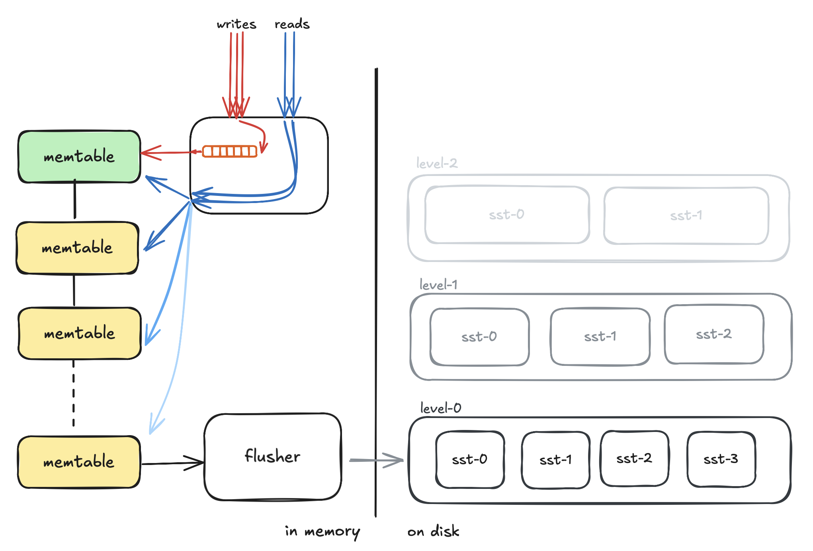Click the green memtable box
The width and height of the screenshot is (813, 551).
click(79, 156)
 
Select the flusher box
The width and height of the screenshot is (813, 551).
click(273, 457)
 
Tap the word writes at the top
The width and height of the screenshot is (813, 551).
click(236, 24)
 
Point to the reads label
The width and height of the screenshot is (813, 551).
click(292, 24)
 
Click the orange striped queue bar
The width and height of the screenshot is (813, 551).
click(230, 151)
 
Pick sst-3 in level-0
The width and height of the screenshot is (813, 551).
click(721, 459)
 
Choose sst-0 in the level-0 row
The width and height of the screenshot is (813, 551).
click(470, 459)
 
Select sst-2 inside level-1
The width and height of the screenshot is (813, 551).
click(714, 334)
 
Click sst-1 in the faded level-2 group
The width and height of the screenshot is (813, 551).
click(686, 215)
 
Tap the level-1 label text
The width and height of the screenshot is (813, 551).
click(438, 285)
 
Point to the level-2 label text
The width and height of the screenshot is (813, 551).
click(437, 163)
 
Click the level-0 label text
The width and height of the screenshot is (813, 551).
click(441, 408)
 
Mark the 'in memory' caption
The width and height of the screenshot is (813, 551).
click(322, 531)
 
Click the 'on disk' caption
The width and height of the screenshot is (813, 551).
click(433, 531)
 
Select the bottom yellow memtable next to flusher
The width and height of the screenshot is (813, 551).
click(79, 462)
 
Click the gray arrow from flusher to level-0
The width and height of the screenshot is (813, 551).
click(376, 460)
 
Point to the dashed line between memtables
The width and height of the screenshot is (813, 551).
click(74, 394)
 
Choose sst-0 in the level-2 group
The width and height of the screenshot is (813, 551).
click(507, 215)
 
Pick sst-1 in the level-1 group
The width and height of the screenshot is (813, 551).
click(600, 336)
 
